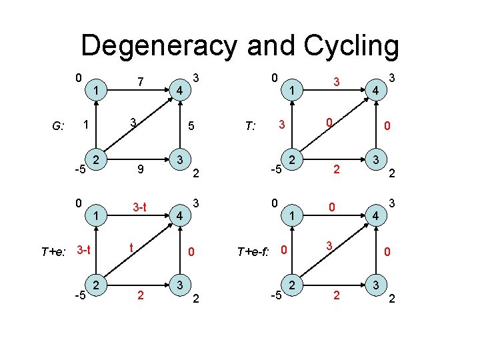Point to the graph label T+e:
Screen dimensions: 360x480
[x=55, y=251]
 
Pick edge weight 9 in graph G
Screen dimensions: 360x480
[x=140, y=169]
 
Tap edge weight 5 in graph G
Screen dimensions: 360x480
[x=191, y=125]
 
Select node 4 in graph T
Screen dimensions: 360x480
[x=376, y=89]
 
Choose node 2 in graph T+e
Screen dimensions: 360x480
[x=97, y=285]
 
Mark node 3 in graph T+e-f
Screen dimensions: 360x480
[x=376, y=285]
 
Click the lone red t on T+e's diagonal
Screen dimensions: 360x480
[x=133, y=245]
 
